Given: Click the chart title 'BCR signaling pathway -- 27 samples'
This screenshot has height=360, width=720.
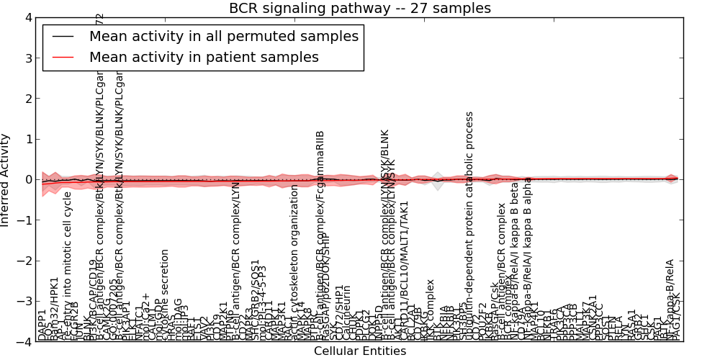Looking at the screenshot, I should pyautogui.click(x=360, y=8).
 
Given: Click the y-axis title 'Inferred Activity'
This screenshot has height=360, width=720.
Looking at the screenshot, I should pyautogui.click(x=6, y=180).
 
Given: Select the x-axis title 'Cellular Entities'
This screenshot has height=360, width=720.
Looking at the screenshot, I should pyautogui.click(x=360, y=351).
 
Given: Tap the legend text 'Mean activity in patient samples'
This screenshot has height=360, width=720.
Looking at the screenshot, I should pyautogui.click(x=204, y=57).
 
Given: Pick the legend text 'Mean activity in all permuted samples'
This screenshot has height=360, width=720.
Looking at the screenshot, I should pyautogui.click(x=223, y=36).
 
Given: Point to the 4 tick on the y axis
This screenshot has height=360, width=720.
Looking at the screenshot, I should pyautogui.click(x=28, y=18).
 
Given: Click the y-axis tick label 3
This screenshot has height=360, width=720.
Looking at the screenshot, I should pyautogui.click(x=28, y=58).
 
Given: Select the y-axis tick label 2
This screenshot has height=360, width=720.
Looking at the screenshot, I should pyautogui.click(x=28, y=99).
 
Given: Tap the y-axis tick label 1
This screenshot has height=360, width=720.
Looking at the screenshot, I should pyautogui.click(x=28, y=139).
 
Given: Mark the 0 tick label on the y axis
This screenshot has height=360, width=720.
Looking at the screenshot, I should pyautogui.click(x=28, y=180).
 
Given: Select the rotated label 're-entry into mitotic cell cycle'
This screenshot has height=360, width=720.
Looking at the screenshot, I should pyautogui.click(x=68, y=266).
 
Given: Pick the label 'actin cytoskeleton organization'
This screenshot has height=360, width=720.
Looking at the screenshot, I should pyautogui.click(x=294, y=262).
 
